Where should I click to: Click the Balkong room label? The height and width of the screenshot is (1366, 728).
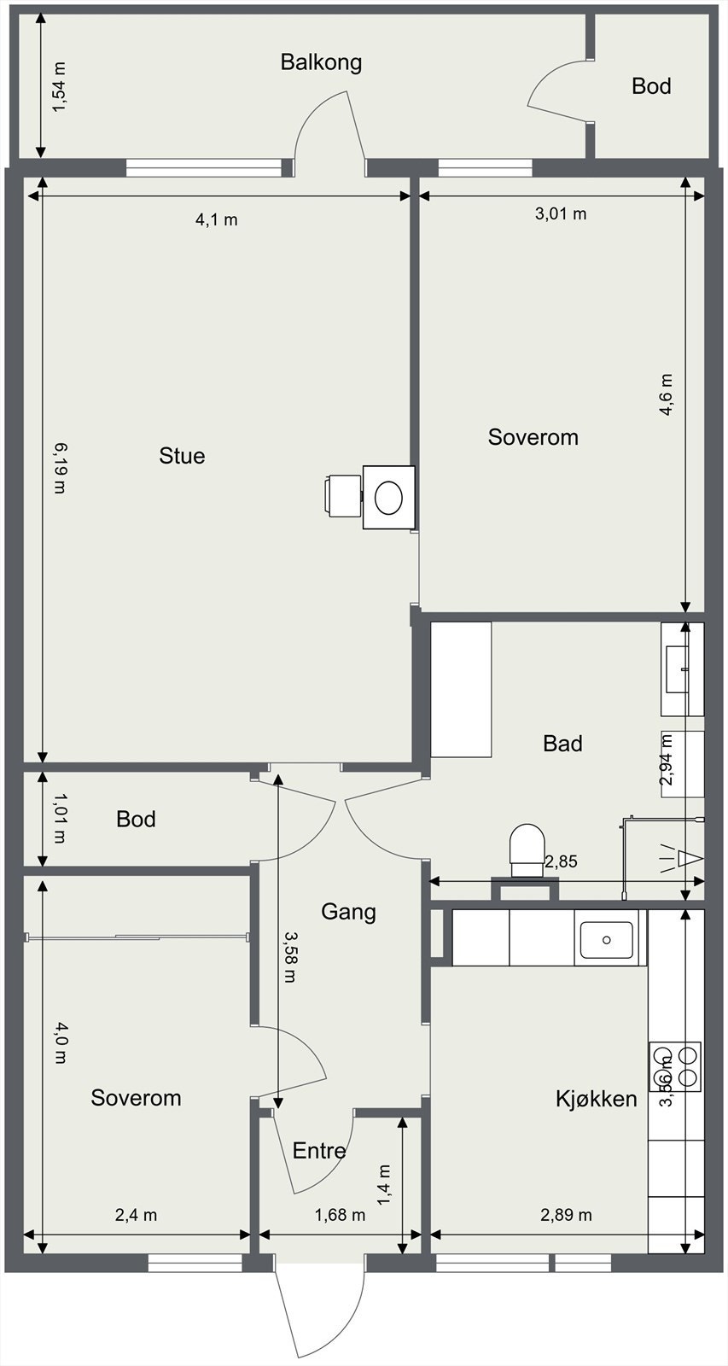(x=321, y=63)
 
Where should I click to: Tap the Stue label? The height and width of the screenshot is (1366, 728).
(x=182, y=456)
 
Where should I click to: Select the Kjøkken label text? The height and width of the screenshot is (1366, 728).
(x=597, y=1099)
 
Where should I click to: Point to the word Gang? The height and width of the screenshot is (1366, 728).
(x=348, y=913)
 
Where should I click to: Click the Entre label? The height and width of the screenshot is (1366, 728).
(x=319, y=1151)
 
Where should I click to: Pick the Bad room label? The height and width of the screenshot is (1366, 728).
(x=562, y=744)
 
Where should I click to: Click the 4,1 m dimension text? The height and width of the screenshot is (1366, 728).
(x=217, y=219)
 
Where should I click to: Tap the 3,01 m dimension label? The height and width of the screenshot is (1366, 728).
(x=561, y=213)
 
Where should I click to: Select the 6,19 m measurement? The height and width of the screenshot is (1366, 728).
(x=59, y=468)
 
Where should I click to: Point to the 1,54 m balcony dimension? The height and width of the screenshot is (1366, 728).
(x=59, y=87)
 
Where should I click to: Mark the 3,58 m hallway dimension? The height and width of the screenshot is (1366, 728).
(x=290, y=957)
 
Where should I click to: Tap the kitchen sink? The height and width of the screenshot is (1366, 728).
(x=606, y=940)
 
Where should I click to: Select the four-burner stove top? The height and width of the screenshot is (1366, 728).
(x=676, y=1066)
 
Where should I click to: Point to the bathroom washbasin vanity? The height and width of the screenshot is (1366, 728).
(x=682, y=669)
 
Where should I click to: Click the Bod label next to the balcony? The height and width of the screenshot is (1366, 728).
(x=651, y=86)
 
